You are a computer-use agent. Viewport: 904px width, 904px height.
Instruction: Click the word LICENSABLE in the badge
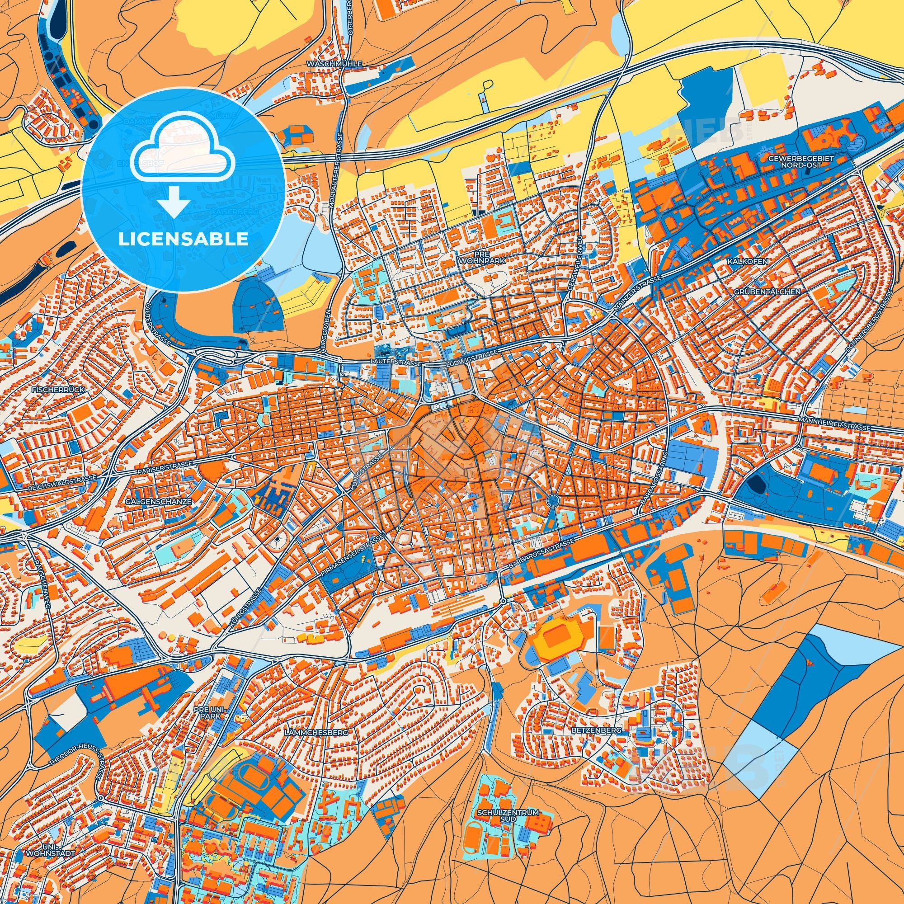(x=183, y=239)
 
